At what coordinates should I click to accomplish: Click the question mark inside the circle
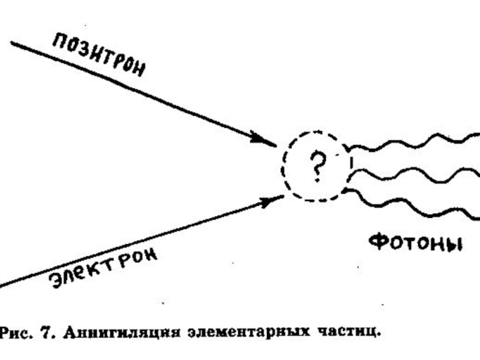click(x=316, y=165)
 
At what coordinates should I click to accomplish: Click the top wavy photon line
click(x=414, y=144)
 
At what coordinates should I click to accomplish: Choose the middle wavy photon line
click(x=414, y=176)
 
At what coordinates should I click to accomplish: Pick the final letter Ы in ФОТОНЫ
click(x=453, y=245)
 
